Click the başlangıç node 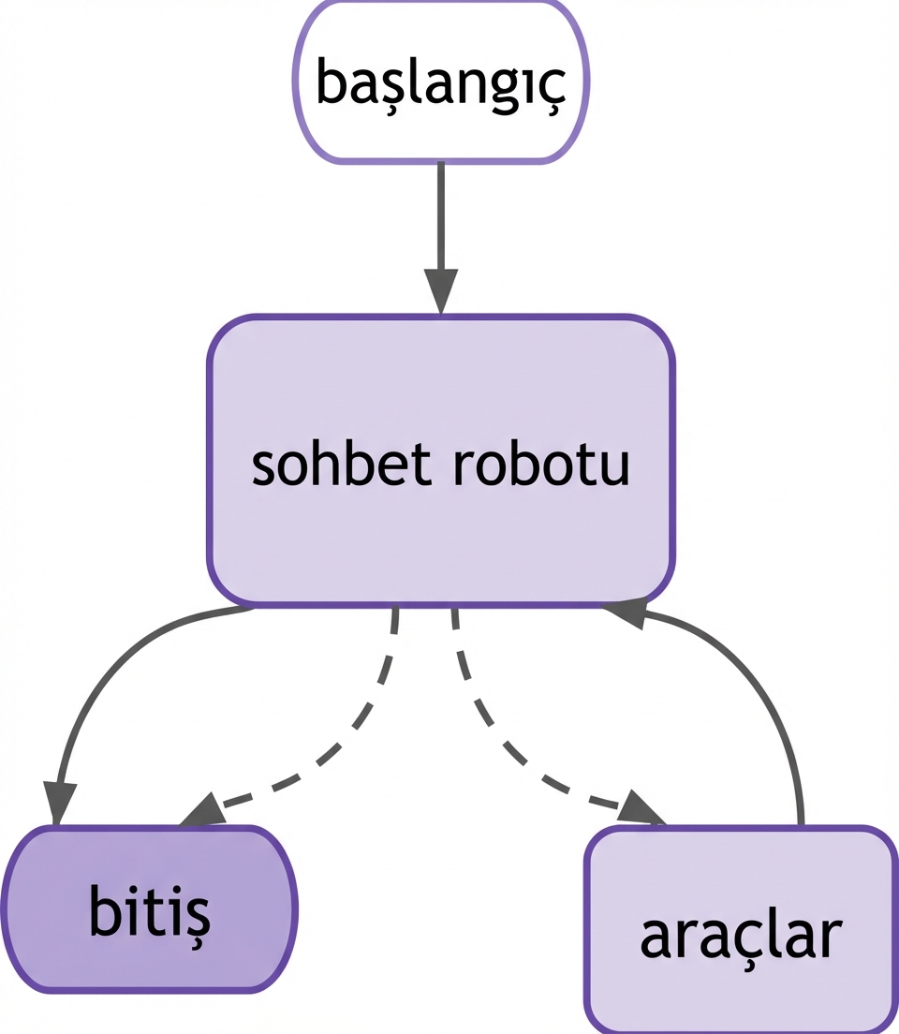tap(440, 81)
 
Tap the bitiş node tap(149, 909)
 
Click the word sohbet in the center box tap(341, 465)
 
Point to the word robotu tap(541, 465)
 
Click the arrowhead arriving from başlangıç tap(440, 290)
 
